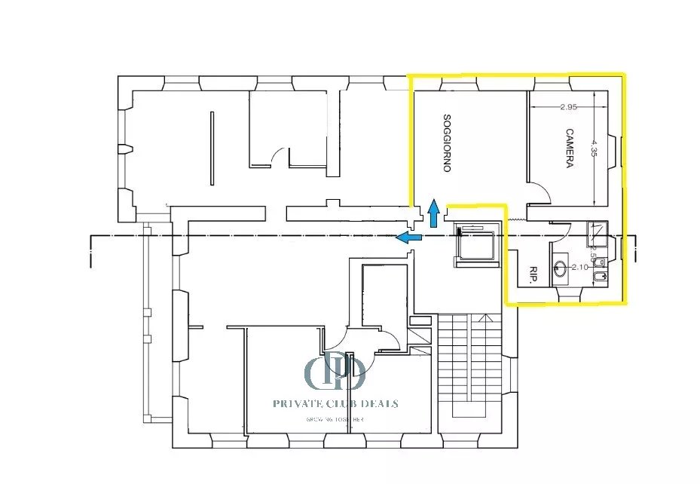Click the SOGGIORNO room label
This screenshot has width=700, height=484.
tap(447, 142)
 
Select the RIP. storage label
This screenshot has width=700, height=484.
tap(532, 275)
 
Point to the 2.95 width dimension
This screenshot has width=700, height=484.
tap(569, 107)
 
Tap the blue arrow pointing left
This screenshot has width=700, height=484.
tap(409, 238)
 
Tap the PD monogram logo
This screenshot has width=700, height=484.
tap(335, 371)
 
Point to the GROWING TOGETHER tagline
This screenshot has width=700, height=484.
tap(335, 419)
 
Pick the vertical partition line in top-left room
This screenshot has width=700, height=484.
tap(212, 147)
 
